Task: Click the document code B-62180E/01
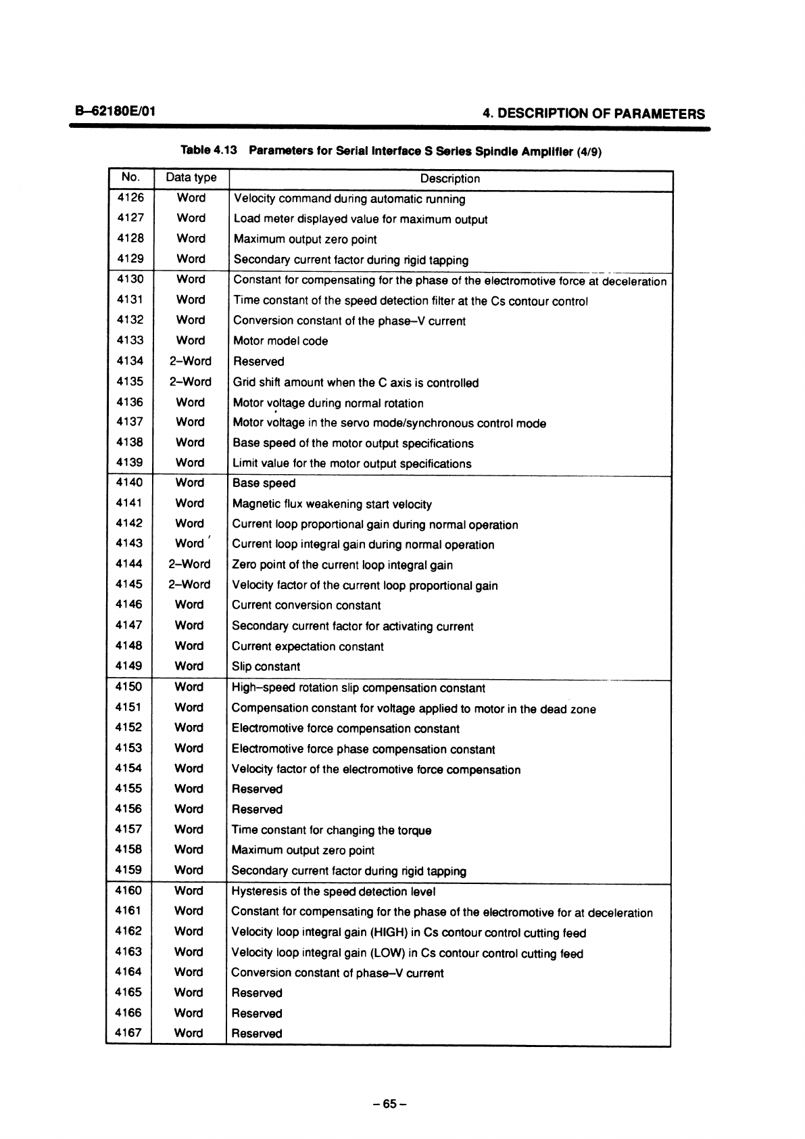click(x=116, y=110)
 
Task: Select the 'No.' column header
click(x=130, y=178)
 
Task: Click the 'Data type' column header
click(x=191, y=178)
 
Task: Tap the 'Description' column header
click(x=449, y=179)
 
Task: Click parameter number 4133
click(x=130, y=340)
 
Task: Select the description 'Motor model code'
click(x=280, y=342)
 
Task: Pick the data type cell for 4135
click(x=191, y=381)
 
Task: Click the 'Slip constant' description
click(x=266, y=667)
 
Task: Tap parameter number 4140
click(x=130, y=483)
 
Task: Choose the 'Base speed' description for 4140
click(x=264, y=484)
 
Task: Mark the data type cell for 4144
click(x=190, y=564)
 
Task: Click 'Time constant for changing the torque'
click(x=331, y=831)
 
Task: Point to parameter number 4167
click(x=128, y=1033)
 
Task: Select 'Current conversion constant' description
click(x=306, y=605)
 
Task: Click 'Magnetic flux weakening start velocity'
click(x=332, y=505)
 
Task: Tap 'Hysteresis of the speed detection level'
click(x=333, y=891)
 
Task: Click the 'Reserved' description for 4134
click(x=258, y=362)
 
